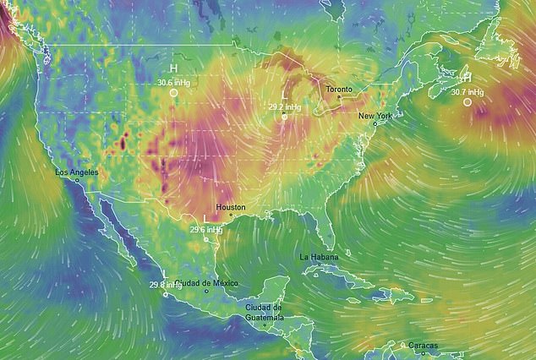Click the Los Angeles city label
point(76,172)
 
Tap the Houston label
point(230,207)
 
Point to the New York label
point(375,115)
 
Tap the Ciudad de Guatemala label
point(264,312)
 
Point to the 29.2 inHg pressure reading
point(285,107)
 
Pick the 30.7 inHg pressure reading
point(468,91)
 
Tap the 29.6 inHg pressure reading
point(205,229)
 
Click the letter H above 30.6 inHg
point(173,68)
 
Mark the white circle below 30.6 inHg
point(173,93)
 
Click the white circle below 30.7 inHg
point(468,102)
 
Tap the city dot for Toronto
point(340,96)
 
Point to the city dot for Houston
point(230,215)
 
